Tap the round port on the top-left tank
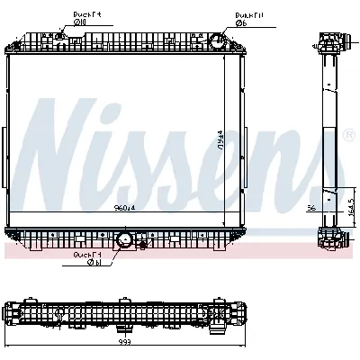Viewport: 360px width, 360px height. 60,37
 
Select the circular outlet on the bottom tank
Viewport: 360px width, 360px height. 125,239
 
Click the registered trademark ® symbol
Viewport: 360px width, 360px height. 348,135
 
